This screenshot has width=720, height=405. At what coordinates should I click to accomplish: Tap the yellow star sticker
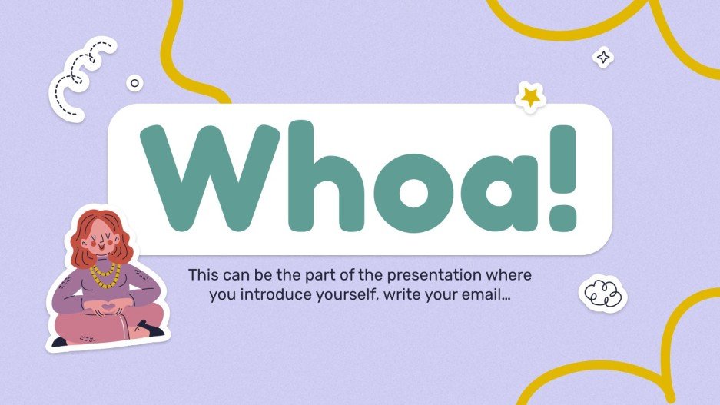529,96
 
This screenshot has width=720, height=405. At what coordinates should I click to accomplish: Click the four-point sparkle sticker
604,57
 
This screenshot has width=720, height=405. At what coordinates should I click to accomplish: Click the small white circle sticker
135,83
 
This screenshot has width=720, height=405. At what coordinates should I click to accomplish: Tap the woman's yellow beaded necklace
105,271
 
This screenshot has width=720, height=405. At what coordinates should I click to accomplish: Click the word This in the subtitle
202,274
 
